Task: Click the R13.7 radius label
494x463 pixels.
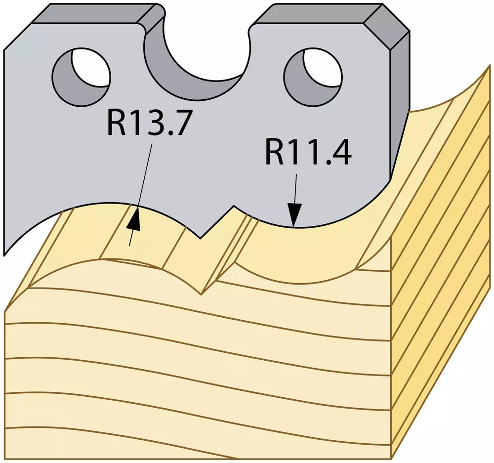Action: (x=149, y=123)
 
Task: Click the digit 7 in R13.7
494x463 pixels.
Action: (x=182, y=123)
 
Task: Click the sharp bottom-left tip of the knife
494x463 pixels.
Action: (x=4, y=254)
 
